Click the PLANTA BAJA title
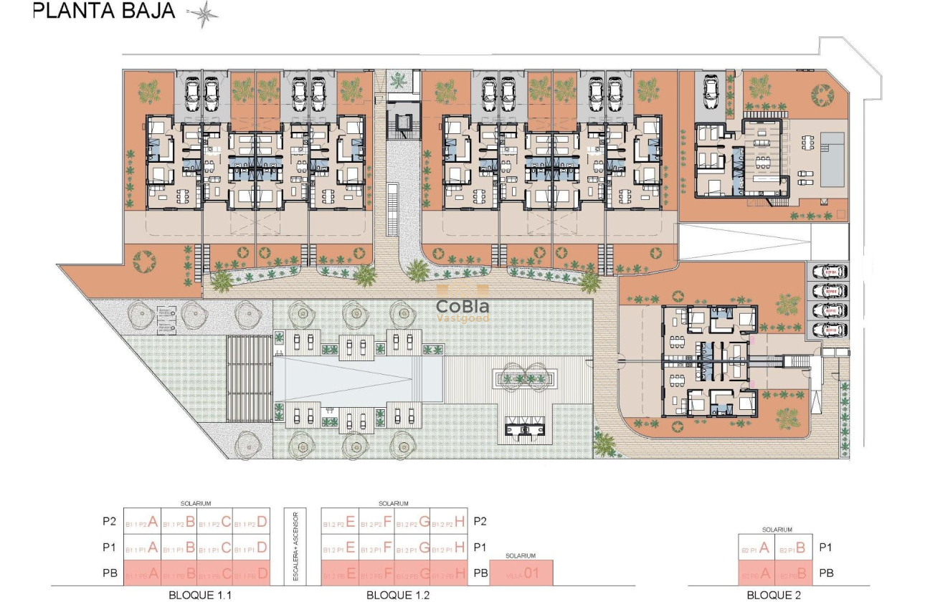coord(104,11)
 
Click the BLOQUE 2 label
coord(774,594)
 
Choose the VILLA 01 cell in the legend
coord(521,574)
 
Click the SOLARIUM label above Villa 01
coord(521,555)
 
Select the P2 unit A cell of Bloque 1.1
coord(142,522)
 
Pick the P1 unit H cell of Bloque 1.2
coord(450,548)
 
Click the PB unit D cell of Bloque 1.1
coord(252,574)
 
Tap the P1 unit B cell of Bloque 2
coord(794,549)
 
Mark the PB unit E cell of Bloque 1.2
coord(339,574)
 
